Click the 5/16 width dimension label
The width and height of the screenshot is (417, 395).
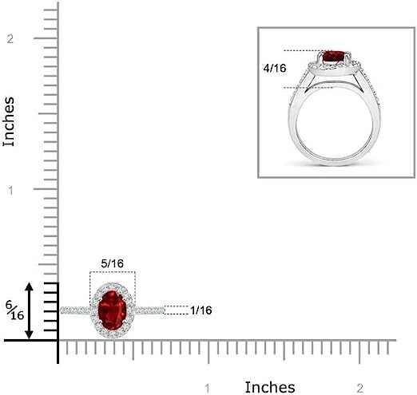(x=113, y=263)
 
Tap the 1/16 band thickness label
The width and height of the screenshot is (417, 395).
(x=201, y=310)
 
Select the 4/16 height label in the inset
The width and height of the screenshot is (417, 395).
(x=275, y=68)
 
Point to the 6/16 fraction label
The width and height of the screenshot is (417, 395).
(x=14, y=310)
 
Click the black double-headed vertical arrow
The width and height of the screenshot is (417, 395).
(x=29, y=311)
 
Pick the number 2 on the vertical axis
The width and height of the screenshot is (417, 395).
(x=10, y=39)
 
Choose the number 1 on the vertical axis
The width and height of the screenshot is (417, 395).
(x=10, y=191)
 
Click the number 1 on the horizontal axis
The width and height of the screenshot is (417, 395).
(x=208, y=389)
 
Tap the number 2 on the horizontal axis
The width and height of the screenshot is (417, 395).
(x=359, y=389)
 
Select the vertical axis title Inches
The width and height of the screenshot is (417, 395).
(x=9, y=121)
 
